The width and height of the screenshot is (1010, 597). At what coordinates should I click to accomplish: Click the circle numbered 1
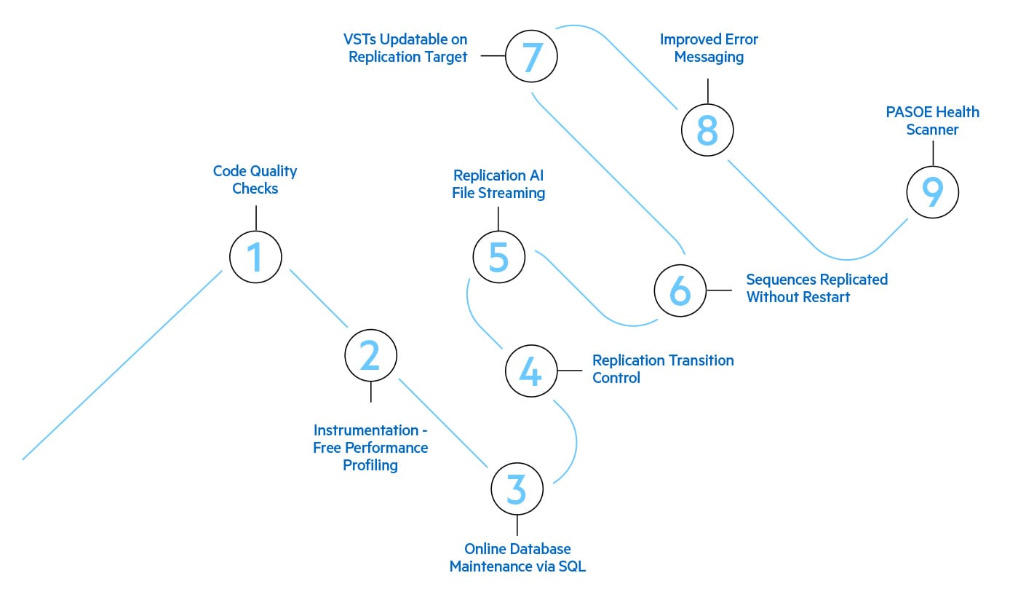pos(255,257)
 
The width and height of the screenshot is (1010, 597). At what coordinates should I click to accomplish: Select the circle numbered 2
pos(370,355)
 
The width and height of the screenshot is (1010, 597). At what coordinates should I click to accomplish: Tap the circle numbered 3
pos(517,489)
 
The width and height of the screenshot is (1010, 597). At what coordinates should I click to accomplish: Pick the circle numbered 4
pos(531,371)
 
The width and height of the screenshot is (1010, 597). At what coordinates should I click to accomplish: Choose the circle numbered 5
pos(498,257)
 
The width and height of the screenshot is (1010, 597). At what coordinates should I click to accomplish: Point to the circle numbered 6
pos(680,290)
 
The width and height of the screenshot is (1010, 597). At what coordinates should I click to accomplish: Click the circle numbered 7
pos(531,56)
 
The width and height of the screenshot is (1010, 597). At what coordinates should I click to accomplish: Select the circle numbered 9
pos(932,191)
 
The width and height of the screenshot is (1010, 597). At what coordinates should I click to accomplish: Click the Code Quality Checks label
pos(255,180)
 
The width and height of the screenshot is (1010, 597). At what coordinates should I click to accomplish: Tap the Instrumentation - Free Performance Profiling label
pos(370,447)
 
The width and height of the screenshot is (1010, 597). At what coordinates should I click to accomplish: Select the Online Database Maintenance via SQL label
pos(517,558)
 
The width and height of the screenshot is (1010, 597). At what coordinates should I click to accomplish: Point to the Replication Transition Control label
pos(663,369)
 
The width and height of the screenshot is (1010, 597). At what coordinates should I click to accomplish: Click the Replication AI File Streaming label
pos(498,184)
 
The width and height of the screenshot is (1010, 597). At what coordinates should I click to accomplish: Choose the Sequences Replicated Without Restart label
pos(816,288)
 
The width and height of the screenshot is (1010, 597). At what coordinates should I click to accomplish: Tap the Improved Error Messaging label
pos(709,48)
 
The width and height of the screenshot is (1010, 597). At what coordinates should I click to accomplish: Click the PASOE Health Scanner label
pos(932,121)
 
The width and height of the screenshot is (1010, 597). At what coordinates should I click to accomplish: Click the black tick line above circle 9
pos(932,153)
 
